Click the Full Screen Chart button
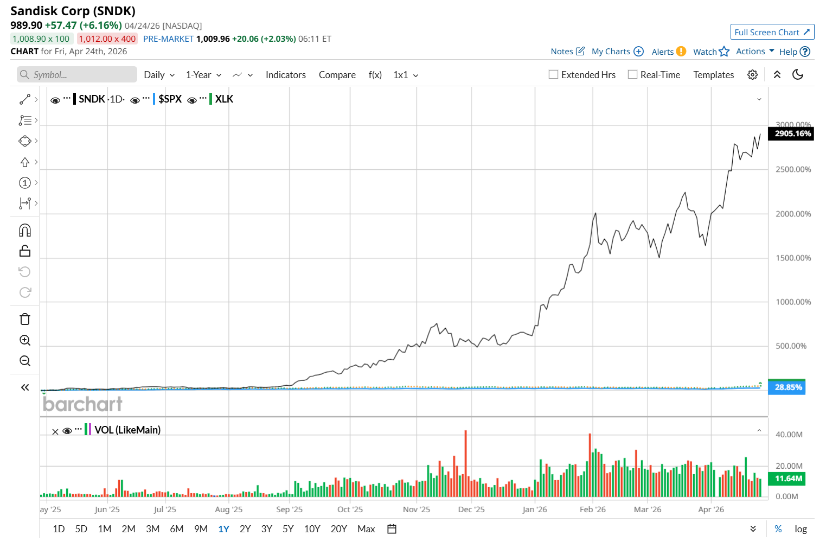[x=772, y=32]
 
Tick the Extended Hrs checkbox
[x=553, y=75]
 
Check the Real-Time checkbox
[x=632, y=75]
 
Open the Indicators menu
[x=285, y=75]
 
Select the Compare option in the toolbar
[x=337, y=75]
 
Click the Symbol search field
[x=77, y=75]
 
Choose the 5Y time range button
[x=288, y=529]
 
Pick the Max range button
[x=366, y=529]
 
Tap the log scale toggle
[x=801, y=529]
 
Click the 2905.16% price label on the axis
[x=792, y=133]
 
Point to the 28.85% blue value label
[x=787, y=387]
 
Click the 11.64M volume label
[x=788, y=479]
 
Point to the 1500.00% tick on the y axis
[x=793, y=258]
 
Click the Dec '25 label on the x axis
[x=471, y=509]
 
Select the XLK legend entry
[x=224, y=99]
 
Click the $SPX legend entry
[x=170, y=99]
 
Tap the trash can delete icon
[x=25, y=319]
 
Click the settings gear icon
[x=752, y=75]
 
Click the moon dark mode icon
[x=798, y=75]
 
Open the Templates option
[x=713, y=75]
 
